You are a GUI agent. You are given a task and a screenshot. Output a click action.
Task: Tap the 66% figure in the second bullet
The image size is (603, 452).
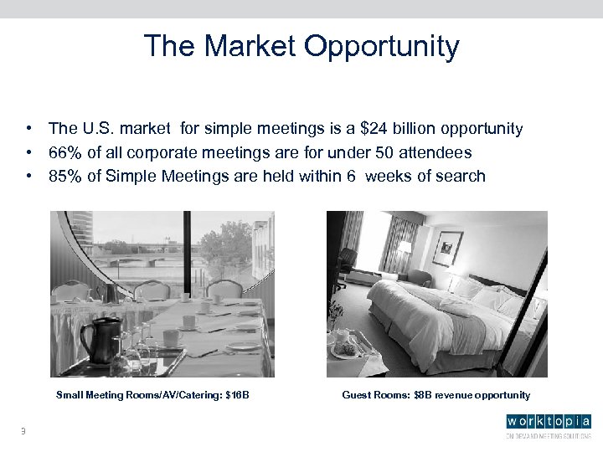pos(64,152)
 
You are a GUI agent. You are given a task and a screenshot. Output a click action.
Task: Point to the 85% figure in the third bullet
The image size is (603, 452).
pos(64,176)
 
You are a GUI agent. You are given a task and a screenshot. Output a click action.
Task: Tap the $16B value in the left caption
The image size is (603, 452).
pos(238,394)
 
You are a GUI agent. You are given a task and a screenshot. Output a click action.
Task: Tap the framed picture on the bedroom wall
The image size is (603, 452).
pos(448,247)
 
